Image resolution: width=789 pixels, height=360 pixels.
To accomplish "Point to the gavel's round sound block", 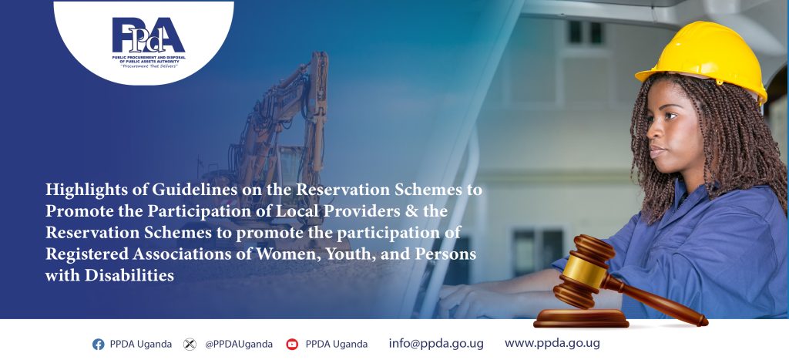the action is tap(581, 318).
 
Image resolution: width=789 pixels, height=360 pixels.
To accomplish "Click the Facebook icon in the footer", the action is tap(98, 345).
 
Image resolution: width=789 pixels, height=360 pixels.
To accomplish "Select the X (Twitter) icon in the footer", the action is tap(190, 345).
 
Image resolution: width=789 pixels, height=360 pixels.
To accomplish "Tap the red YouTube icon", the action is tap(292, 345).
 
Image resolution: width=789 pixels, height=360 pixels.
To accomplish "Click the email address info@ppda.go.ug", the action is tap(436, 344).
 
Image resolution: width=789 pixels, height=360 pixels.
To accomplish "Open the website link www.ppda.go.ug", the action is tap(552, 343).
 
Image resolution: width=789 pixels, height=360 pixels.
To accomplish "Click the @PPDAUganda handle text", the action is tap(239, 345).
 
